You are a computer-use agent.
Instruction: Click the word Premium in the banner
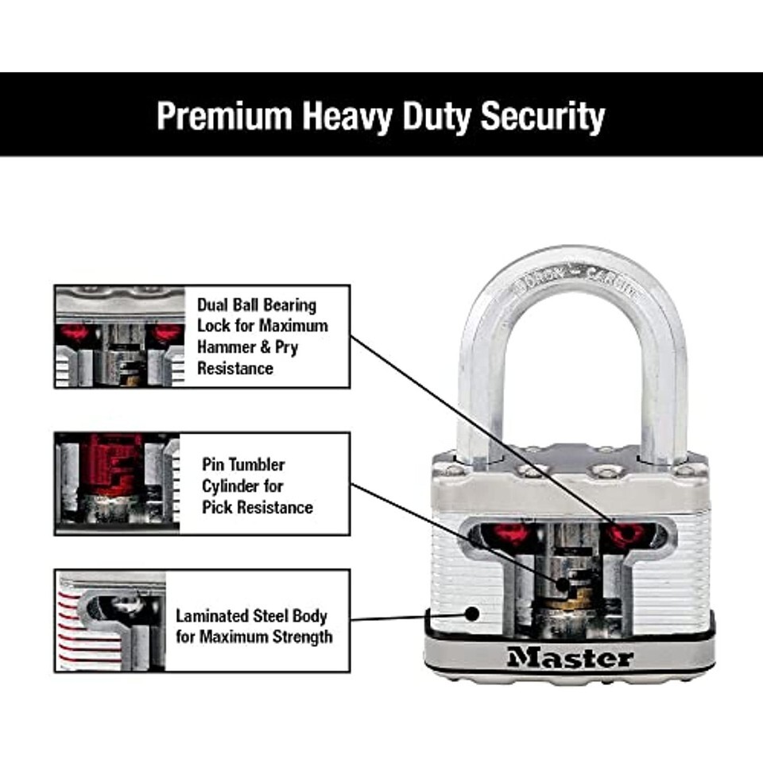tap(223, 116)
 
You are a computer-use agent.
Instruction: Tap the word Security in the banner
tap(542, 116)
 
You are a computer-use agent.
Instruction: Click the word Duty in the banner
tap(436, 116)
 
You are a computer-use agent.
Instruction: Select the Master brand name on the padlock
tap(570, 658)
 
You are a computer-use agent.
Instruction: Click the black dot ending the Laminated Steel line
tap(471, 614)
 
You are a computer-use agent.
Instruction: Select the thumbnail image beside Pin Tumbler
tap(118, 482)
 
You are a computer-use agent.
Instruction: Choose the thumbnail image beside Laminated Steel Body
tap(111, 620)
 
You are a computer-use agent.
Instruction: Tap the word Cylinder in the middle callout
tap(234, 486)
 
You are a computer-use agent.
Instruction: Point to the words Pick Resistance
tap(257, 507)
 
